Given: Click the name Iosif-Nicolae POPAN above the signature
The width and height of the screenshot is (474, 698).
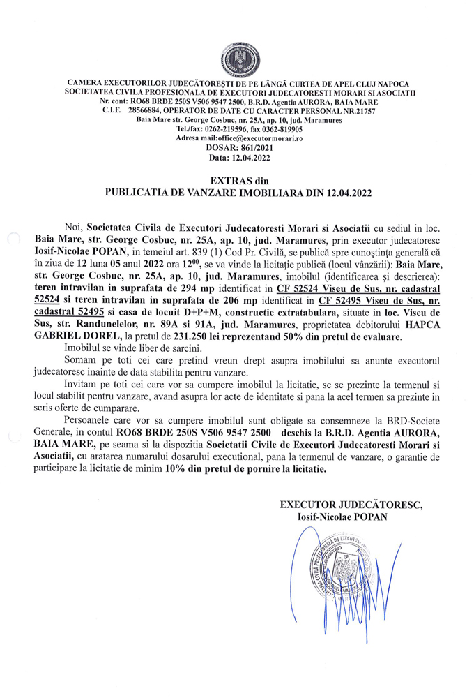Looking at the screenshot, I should click(x=342, y=517).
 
